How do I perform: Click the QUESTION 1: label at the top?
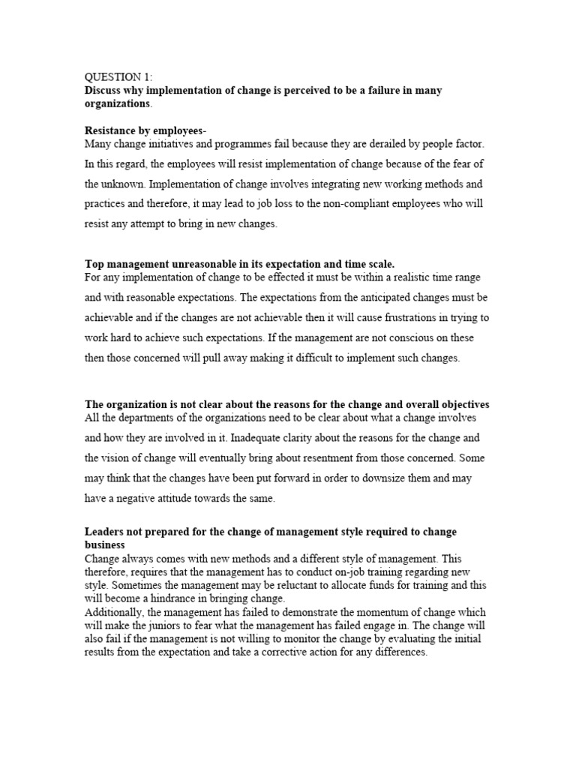118,76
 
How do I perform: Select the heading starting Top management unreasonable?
239,263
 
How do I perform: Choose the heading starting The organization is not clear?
286,404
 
